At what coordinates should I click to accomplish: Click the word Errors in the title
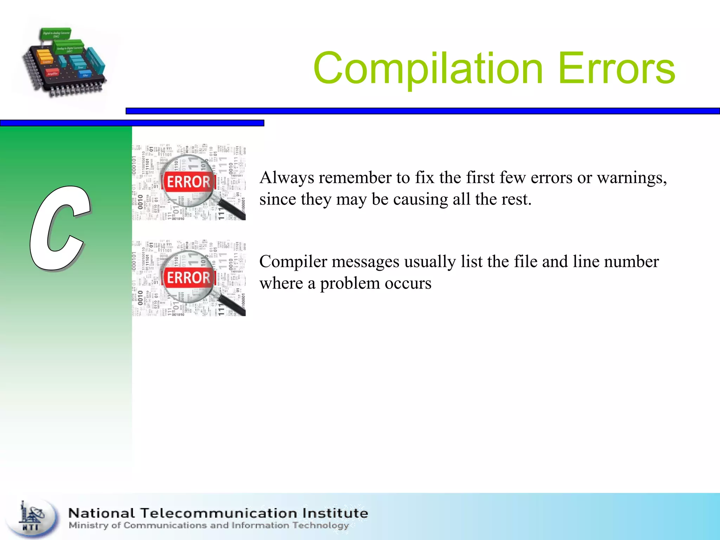[616, 69]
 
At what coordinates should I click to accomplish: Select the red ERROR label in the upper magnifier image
[188, 182]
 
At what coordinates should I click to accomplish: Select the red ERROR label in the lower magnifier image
[188, 278]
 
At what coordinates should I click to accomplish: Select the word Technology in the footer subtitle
[320, 526]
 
